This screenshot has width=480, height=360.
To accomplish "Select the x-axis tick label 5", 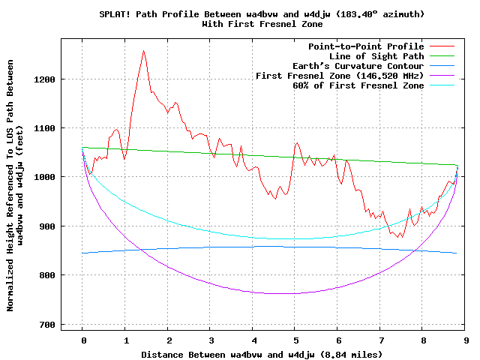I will [295, 340].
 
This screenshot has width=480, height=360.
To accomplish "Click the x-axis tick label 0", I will [82, 340].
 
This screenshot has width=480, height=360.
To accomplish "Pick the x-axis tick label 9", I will [466, 340].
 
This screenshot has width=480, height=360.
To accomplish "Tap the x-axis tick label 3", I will [211, 340].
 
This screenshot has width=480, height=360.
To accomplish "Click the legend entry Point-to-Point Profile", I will [366, 46].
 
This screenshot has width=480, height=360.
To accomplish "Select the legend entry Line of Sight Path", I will [376, 56].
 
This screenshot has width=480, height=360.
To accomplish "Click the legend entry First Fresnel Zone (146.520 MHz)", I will [340, 76].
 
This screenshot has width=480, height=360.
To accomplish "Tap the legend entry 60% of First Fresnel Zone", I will [358, 85].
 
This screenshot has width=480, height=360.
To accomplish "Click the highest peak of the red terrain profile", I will [143, 51].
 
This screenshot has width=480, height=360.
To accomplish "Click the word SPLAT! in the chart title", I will [116, 14].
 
